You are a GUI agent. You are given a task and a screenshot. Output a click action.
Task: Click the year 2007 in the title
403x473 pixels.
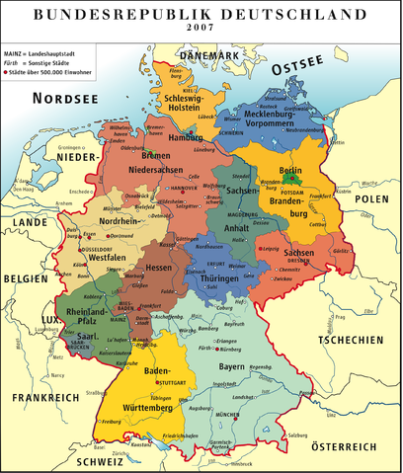point(201,30)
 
